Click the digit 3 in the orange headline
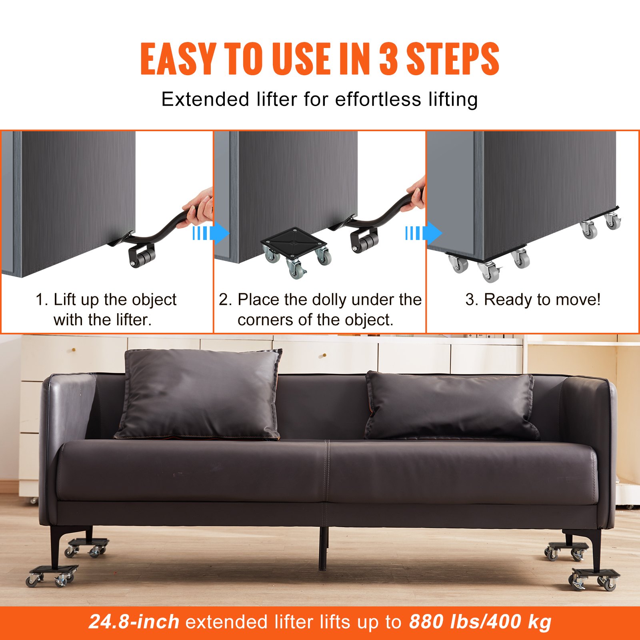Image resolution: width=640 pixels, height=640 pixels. [x=388, y=59]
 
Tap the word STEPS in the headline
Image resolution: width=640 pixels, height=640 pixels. [x=453, y=59]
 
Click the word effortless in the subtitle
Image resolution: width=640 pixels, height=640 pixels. [x=378, y=99]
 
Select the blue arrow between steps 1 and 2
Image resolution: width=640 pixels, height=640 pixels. [x=211, y=234]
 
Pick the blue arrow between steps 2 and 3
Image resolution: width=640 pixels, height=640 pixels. [x=424, y=233]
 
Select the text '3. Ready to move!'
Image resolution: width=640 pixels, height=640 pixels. [x=533, y=300]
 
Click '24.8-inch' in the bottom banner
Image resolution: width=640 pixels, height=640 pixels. [x=134, y=622]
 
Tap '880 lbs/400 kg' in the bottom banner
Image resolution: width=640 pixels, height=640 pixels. [x=480, y=622]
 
